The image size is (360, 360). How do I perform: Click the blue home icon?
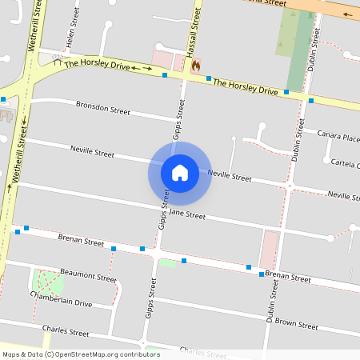[180, 172]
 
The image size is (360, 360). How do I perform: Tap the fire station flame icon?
[194, 67]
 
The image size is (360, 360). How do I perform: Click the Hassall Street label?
[192, 34]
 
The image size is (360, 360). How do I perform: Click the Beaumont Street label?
[89, 277]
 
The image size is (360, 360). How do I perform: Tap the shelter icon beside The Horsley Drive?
[57, 61]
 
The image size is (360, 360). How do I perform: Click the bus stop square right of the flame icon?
[209, 78]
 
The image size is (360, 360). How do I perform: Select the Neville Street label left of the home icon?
[93, 151]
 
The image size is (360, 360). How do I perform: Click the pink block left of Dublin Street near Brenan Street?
[270, 248]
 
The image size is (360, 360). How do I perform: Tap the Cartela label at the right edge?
[345, 163]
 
